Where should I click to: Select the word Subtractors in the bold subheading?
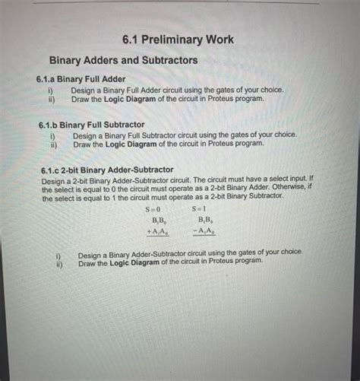[163, 59]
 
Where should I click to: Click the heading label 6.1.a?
[49, 78]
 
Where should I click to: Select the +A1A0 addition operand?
[156, 230]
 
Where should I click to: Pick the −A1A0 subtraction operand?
[201, 230]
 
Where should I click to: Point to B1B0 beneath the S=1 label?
[202, 219]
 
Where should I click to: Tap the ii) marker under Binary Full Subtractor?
[53, 143]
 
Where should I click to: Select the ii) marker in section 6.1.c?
[58, 262]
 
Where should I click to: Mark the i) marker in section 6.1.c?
[58, 254]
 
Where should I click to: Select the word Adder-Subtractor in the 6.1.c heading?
[137, 170]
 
